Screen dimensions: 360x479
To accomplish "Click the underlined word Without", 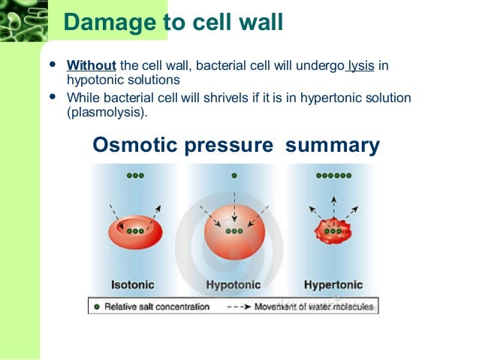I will pyautogui.click(x=86, y=65).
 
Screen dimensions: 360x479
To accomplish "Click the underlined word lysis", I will pyautogui.click(x=360, y=65).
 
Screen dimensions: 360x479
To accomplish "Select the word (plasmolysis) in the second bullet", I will pyautogui.click(x=107, y=112).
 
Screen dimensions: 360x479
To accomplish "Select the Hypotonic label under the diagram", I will pyautogui.click(x=234, y=285).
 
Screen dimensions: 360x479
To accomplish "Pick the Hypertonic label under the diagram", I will pyautogui.click(x=333, y=285).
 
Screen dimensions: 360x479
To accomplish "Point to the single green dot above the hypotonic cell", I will pyautogui.click(x=234, y=175).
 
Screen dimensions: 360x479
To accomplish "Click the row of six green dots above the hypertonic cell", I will pyautogui.click(x=333, y=175).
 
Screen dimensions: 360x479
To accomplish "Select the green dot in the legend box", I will pyautogui.click(x=96, y=306).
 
